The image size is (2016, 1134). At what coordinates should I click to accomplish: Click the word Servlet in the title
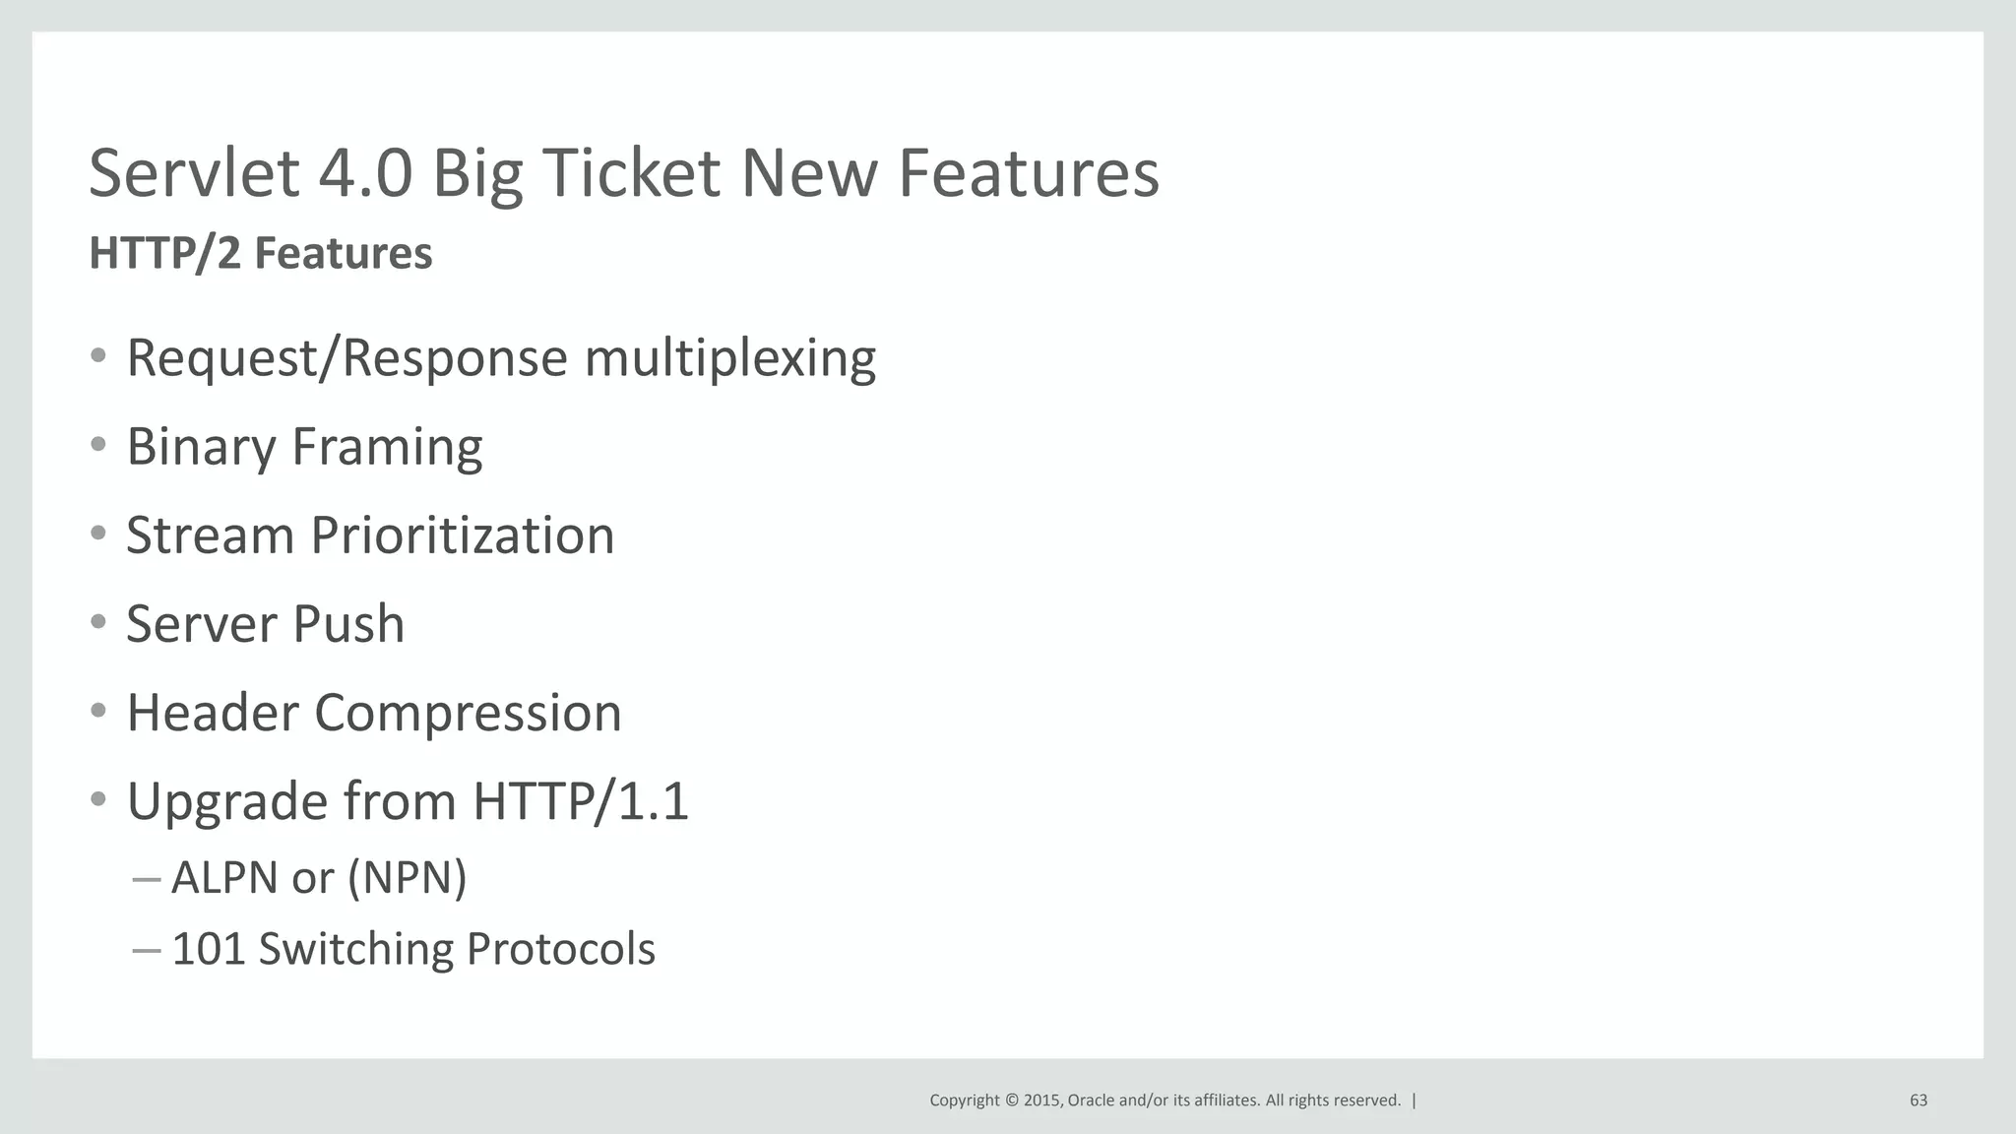click(194, 173)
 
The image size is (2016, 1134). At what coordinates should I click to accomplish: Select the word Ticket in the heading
click(630, 173)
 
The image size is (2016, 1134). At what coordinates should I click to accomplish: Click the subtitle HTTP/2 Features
click(261, 254)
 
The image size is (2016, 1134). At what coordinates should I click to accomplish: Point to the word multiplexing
click(729, 358)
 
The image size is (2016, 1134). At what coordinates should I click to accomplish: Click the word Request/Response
click(346, 358)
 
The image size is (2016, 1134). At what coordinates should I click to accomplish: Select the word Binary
click(202, 448)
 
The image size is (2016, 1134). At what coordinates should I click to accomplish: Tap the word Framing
click(387, 448)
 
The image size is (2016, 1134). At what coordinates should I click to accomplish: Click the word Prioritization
click(463, 536)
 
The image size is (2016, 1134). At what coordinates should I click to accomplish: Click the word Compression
click(468, 714)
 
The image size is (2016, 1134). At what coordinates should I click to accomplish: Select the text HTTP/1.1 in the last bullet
click(581, 801)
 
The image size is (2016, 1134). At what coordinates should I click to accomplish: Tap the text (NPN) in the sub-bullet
click(408, 878)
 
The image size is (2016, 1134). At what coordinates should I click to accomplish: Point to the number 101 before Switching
click(208, 950)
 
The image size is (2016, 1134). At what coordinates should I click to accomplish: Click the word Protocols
click(560, 950)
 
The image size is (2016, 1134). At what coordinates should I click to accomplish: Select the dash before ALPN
click(146, 878)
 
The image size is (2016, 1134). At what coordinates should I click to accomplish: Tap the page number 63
click(1918, 1101)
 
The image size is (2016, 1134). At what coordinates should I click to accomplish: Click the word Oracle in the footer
click(1091, 1101)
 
